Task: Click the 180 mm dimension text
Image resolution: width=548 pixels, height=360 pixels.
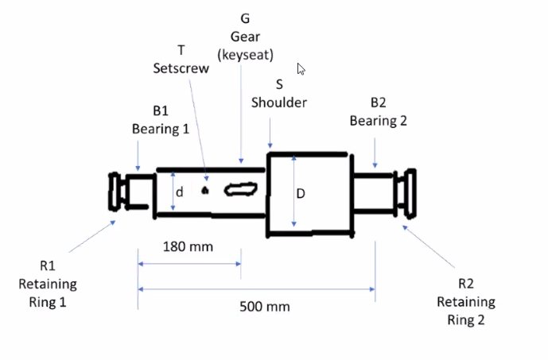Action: [x=188, y=246]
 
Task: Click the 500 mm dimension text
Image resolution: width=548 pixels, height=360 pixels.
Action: [x=265, y=307]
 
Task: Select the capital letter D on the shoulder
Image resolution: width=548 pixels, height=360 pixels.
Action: [x=301, y=193]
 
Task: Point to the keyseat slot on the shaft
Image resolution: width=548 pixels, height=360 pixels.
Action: [x=239, y=189]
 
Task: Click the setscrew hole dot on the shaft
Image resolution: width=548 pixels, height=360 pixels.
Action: [x=205, y=190]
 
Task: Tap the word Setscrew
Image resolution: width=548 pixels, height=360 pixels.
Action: [x=181, y=68]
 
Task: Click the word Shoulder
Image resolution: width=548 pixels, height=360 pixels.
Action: [x=279, y=103]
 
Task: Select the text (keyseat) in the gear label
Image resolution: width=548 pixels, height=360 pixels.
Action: [x=245, y=55]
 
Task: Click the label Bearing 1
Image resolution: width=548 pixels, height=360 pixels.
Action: [x=160, y=128]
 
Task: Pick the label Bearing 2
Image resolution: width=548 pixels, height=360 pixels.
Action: [x=378, y=121]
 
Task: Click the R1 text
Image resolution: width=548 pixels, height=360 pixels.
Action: [x=48, y=266]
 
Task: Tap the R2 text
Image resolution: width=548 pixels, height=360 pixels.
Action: [x=465, y=284]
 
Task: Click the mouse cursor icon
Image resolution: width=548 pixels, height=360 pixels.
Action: [x=301, y=69]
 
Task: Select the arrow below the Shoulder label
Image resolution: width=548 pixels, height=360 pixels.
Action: [x=270, y=132]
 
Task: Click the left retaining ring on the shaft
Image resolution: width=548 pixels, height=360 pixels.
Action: [x=118, y=192]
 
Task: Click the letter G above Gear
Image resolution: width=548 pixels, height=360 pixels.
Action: [x=244, y=18]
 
